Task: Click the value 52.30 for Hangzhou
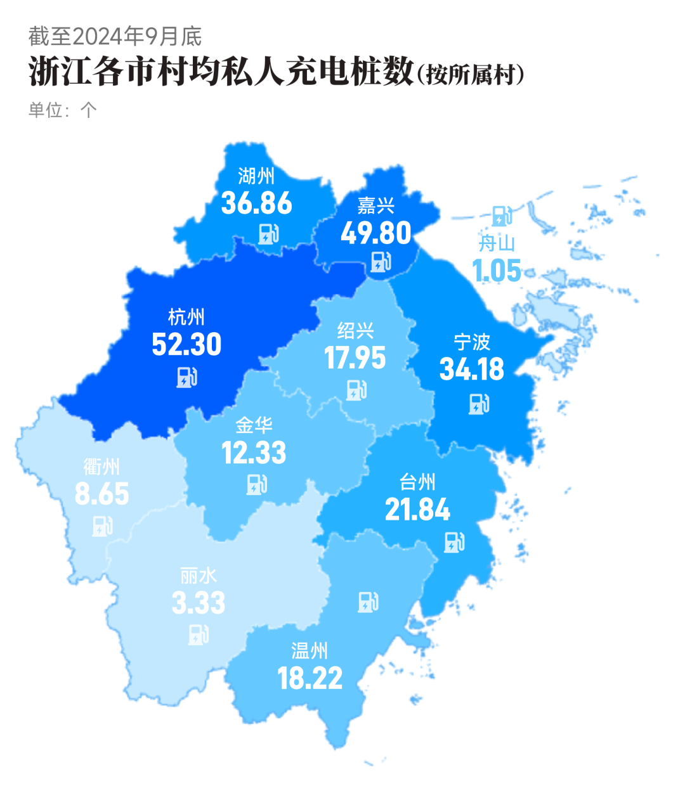click(186, 345)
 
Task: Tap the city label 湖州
click(256, 176)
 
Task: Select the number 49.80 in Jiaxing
click(376, 233)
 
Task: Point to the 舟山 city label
click(497, 243)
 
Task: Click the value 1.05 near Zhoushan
click(497, 271)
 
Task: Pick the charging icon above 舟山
click(502, 216)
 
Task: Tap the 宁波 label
click(472, 342)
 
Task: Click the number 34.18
click(472, 370)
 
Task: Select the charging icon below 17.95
click(356, 390)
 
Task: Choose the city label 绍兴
click(355, 330)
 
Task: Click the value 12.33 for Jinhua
click(254, 453)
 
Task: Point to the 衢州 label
click(101, 467)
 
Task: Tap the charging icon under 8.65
click(102, 525)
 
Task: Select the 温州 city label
click(310, 651)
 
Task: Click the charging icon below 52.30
click(186, 377)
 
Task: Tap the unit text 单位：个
click(62, 110)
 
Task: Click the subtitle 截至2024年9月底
click(115, 36)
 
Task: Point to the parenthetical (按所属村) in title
click(471, 75)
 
